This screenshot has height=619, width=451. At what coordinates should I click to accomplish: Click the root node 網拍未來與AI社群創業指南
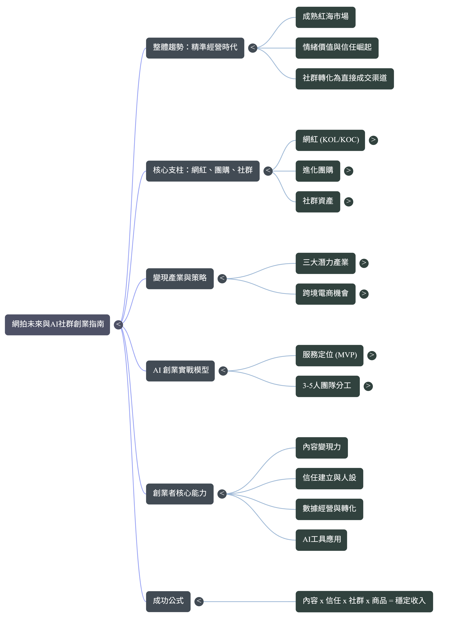pos(57,325)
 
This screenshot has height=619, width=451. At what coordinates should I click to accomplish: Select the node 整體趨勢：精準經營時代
pos(195,48)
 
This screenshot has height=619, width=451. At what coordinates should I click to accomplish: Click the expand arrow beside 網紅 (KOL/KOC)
pos(373,140)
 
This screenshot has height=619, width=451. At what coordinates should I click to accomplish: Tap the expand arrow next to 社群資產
pos(348,202)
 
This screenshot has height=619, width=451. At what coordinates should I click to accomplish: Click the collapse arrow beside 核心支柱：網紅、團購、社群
pos(268,171)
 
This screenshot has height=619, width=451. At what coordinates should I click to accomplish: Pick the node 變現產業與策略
pos(180,278)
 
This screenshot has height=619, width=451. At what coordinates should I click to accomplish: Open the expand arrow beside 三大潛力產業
pos(364,263)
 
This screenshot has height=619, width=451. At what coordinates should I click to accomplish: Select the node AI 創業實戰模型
pos(180,371)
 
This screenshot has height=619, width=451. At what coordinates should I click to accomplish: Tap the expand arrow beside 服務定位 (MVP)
pos(372,355)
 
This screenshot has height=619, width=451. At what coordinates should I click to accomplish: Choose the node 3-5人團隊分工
pos(327,386)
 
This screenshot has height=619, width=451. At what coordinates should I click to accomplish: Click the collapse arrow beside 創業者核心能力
pos(222,494)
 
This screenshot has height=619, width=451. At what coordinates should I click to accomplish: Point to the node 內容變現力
pos(321,448)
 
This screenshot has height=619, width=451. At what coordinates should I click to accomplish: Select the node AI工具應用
pos(321,540)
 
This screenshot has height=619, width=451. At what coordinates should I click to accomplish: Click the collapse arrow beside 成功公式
pos(199,601)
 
